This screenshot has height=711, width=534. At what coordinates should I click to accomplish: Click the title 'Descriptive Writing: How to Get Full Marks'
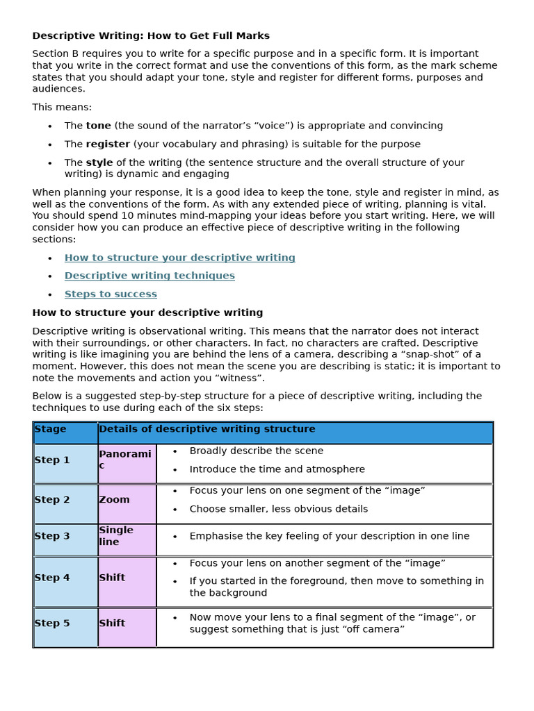coord(151,35)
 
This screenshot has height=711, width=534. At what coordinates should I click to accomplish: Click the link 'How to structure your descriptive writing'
coord(179,258)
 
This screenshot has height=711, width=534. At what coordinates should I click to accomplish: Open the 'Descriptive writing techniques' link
coord(149,276)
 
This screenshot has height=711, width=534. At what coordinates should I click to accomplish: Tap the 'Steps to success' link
coord(111,294)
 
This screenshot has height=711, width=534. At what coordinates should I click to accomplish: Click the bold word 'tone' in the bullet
coord(98,126)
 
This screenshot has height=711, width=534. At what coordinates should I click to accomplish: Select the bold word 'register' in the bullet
coord(108,144)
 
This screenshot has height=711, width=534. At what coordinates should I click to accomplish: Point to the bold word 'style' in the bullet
coord(99,162)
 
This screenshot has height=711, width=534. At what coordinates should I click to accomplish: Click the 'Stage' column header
coord(51,429)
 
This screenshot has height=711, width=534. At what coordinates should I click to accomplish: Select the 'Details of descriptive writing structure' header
coord(207,429)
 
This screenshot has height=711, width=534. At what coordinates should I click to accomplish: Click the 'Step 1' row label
coord(52,460)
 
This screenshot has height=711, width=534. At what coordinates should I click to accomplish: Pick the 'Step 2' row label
coord(52,500)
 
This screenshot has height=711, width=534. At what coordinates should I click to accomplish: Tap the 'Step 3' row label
coord(52,536)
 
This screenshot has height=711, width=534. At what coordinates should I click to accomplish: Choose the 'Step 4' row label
coord(52,578)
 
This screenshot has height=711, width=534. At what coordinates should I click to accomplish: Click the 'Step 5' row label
coord(52,624)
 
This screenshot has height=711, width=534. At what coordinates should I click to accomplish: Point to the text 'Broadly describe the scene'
coord(256,451)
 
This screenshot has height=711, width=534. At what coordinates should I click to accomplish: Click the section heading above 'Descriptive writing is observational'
coord(147,312)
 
